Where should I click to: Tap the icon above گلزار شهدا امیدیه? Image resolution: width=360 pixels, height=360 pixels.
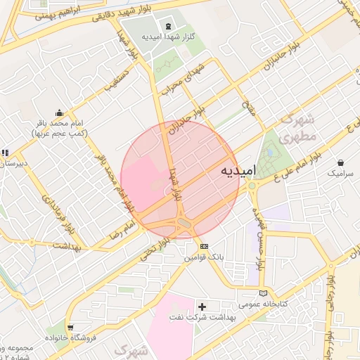pos(168,27)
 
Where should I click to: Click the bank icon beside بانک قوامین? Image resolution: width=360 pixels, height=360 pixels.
pos(204,246)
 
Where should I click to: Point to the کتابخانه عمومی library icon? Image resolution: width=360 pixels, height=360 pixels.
pos(264,292)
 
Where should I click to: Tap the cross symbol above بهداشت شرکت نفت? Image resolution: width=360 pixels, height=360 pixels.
pos(202,307)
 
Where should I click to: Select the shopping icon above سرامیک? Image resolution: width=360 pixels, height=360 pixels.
pos(341,162)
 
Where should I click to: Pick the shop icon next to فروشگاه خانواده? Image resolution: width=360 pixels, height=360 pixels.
pos(70,327)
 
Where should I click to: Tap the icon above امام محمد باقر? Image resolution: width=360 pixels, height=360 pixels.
pos(59,112)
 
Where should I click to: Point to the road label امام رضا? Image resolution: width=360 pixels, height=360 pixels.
pos(117,229)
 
